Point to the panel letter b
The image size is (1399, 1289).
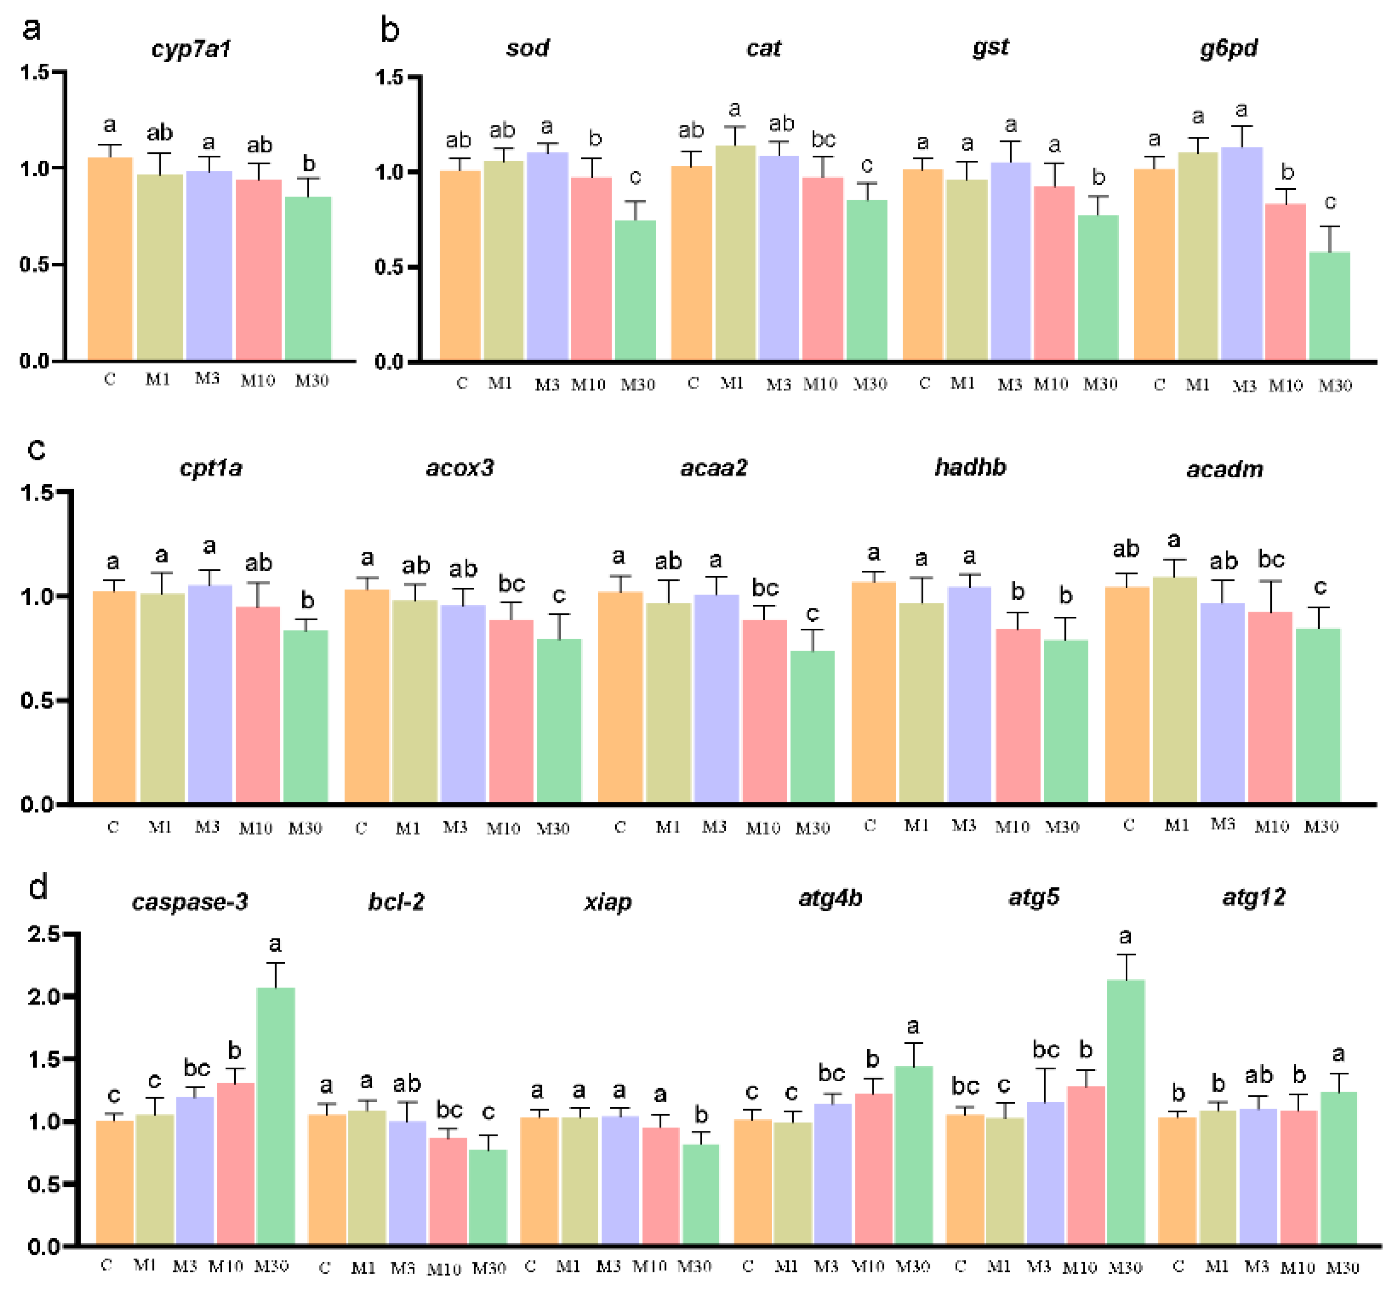pos(389,31)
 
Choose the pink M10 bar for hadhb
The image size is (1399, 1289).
pos(1017,715)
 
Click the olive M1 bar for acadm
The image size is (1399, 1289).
pos(1174,691)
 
